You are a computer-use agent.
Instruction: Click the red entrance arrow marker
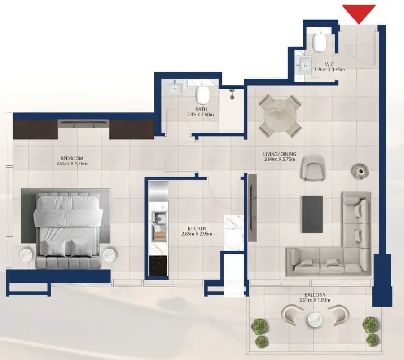[359, 13]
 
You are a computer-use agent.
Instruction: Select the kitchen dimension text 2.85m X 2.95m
[197, 234]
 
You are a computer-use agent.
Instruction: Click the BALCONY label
[315, 295]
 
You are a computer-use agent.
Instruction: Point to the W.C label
[329, 64]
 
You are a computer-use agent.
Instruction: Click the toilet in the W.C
[320, 42]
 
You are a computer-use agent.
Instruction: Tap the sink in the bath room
[175, 88]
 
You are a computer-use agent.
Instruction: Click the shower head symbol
[232, 93]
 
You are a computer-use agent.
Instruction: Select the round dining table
[280, 116]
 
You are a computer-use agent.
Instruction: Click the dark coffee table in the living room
[312, 214]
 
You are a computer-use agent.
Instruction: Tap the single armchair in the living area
[313, 168]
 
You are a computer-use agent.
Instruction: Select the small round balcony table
[316, 320]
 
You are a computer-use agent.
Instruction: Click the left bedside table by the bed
[26, 254]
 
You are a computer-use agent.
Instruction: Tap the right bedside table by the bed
[110, 254]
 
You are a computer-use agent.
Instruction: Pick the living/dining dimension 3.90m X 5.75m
[280, 160]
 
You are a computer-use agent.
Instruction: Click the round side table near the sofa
[360, 171]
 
